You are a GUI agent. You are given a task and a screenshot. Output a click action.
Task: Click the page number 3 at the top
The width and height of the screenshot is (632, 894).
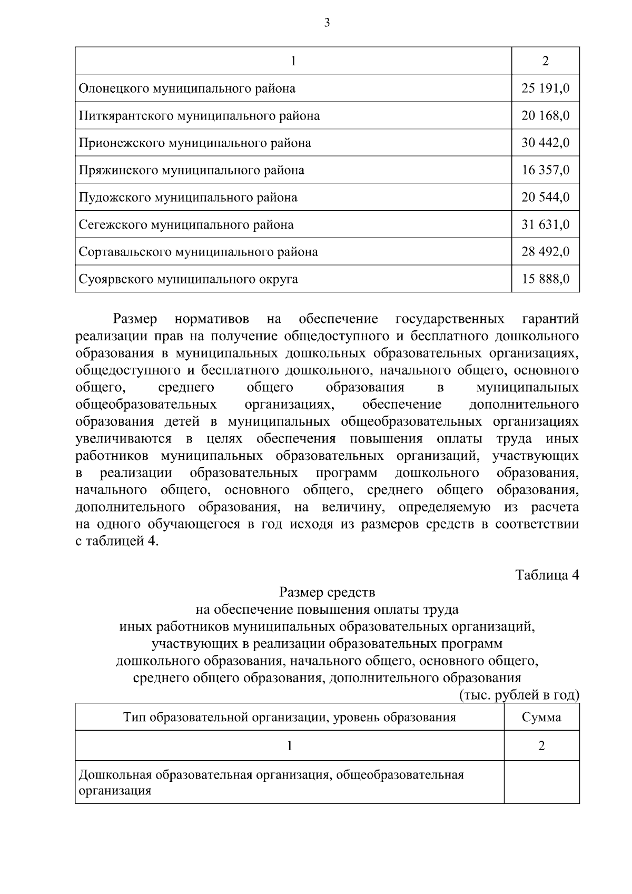pos(327,23)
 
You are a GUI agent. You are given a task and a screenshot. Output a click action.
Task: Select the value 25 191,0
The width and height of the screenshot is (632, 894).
pos(545,89)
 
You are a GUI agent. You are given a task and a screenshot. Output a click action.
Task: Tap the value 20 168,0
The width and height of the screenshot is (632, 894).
pos(545,116)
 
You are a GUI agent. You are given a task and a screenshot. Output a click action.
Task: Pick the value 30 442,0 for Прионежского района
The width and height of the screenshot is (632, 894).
pos(545,143)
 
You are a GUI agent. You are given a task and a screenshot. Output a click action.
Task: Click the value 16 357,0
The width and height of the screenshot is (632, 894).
pos(545,170)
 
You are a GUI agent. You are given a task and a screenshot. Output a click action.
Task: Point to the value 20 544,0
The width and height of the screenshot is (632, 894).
pos(545,198)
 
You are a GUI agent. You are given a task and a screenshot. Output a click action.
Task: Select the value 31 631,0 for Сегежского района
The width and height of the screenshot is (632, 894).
pos(545,225)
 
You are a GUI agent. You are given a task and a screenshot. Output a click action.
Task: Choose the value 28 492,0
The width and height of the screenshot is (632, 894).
pos(545,252)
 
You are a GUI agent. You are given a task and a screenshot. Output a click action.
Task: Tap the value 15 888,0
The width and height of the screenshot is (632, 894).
pos(545,279)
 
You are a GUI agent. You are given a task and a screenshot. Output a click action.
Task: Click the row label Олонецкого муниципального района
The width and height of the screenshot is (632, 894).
pos(187,89)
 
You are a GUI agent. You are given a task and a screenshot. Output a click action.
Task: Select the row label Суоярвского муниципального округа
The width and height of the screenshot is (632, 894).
pos(188,279)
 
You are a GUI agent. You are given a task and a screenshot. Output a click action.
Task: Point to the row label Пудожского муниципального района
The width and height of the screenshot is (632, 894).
pos(187,198)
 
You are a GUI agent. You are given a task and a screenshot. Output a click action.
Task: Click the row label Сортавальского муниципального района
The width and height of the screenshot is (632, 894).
pos(198,252)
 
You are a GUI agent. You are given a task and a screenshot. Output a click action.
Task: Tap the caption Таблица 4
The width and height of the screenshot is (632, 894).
pos(547,575)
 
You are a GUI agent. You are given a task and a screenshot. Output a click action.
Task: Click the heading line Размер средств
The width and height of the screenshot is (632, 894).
pos(327,593)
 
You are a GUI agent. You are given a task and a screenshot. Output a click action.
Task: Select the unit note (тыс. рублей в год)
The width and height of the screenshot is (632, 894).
pos(519,695)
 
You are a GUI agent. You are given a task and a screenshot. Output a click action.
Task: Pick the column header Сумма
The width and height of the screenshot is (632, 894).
pos(541,717)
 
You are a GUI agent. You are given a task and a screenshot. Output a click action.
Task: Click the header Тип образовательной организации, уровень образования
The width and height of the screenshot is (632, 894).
pos(289,717)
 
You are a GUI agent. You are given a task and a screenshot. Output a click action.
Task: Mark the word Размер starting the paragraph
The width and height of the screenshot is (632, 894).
pos(135,319)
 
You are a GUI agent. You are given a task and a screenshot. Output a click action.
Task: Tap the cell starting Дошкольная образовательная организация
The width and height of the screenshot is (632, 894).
pos(271,782)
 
